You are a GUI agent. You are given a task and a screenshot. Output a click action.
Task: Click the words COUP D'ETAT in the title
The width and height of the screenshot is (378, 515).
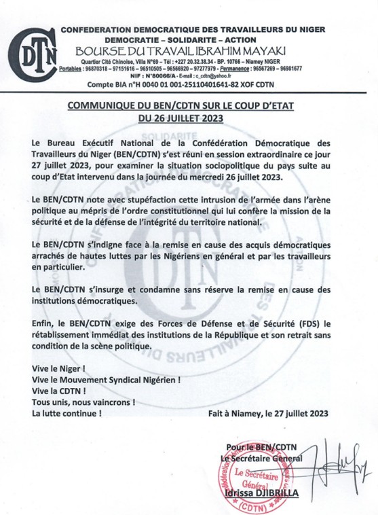pos(277,105)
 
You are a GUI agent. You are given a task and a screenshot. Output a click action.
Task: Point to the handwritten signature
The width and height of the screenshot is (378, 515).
pos(324,463)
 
